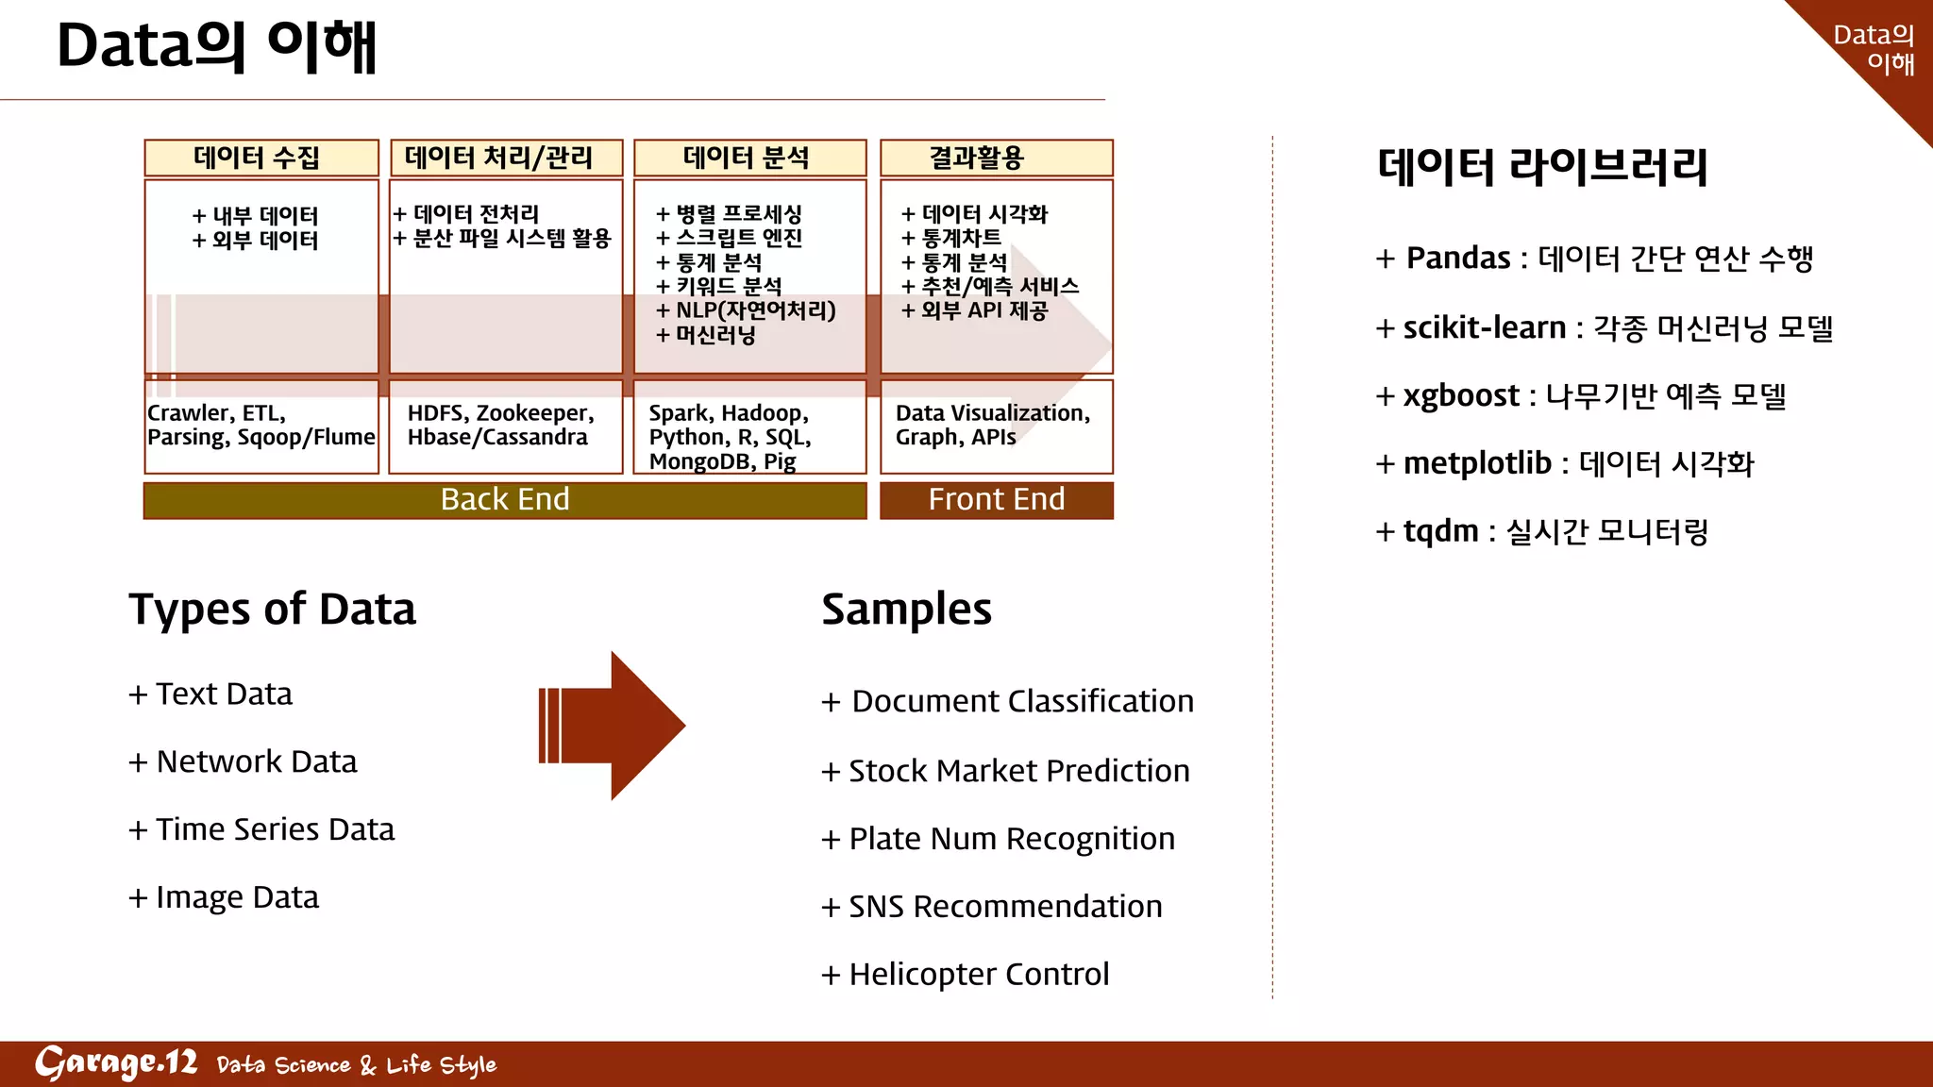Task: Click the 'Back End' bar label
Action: [505, 499]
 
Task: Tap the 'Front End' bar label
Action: [996, 499]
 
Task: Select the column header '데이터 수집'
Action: [257, 158]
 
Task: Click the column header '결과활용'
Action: [977, 158]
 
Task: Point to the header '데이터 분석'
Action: [747, 158]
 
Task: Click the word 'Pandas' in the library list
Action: [1458, 258]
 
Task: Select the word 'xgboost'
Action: [1461, 395]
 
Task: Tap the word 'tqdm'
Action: [1440, 531]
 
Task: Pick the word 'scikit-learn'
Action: [1484, 327]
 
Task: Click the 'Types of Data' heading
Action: [272, 609]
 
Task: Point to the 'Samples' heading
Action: [906, 609]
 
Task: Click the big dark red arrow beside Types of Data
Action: [614, 726]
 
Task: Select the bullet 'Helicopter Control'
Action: [979, 974]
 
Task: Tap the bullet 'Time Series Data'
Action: [275, 829]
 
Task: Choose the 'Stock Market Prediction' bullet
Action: [1018, 771]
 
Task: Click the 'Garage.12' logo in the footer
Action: [116, 1063]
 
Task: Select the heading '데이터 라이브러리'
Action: [1542, 167]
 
